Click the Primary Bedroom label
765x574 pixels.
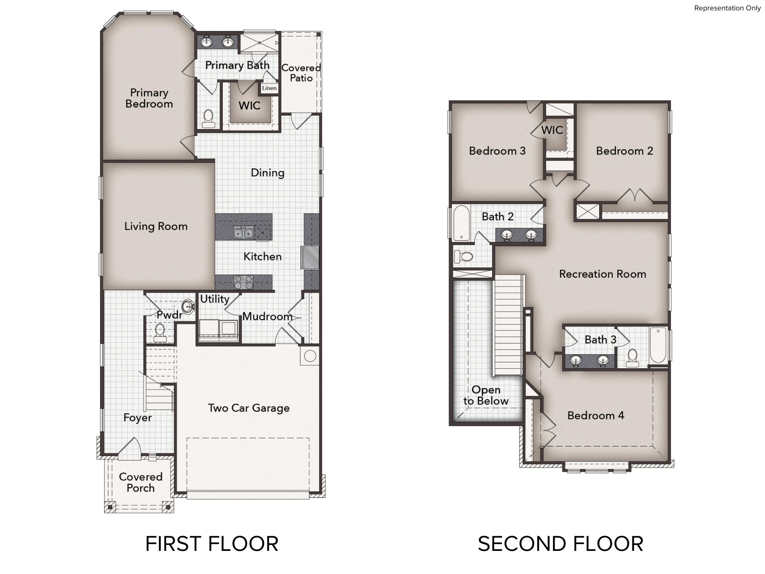[149, 98]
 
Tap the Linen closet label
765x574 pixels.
[269, 88]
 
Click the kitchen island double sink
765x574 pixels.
[243, 232]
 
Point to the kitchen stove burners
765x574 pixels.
[243, 282]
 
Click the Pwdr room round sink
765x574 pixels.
[188, 307]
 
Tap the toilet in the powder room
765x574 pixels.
[160, 333]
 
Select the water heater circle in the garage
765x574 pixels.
[310, 356]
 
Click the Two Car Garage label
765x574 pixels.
[249, 408]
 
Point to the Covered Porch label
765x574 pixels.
[141, 482]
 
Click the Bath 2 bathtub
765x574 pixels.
[462, 224]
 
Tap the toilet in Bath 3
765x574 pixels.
[632, 358]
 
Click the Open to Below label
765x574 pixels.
[486, 395]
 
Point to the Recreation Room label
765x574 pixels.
[602, 274]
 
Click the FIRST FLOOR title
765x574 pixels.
[212, 544]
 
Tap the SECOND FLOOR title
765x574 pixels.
[561, 544]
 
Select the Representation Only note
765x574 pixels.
[727, 8]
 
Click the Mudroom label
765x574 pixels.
[267, 316]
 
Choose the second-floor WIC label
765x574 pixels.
[552, 130]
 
